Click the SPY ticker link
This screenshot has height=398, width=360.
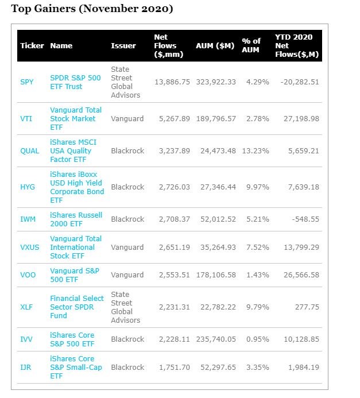(x=27, y=82)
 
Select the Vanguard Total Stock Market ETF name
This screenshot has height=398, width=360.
(x=76, y=119)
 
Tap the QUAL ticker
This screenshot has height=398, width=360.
(x=30, y=151)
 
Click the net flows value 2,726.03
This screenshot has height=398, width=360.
(x=172, y=187)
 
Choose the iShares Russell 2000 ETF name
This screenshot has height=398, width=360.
(x=76, y=219)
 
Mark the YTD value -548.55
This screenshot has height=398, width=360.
(x=304, y=219)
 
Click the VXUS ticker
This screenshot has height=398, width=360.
(x=29, y=248)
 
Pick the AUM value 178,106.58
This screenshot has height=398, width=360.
(x=216, y=275)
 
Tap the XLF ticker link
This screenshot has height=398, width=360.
(x=26, y=307)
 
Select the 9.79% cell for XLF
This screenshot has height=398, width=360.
(x=258, y=307)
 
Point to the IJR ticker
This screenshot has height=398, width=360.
(x=26, y=367)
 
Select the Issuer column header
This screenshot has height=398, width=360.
(x=123, y=46)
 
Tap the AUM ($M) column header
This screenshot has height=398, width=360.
(x=215, y=46)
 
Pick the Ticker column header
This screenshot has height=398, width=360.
(x=32, y=46)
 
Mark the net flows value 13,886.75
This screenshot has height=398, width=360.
(x=172, y=82)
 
